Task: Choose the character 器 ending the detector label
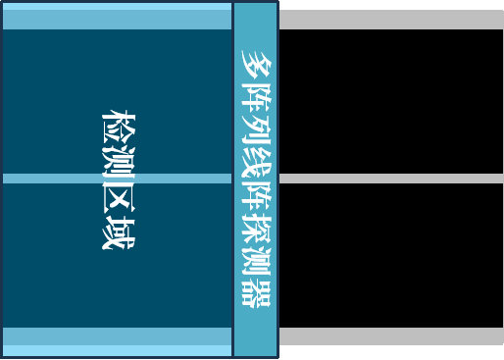[x=256, y=291]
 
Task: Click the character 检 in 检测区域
[x=118, y=127]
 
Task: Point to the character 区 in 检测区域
[x=118, y=197]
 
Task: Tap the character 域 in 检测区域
[x=118, y=232]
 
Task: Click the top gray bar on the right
[x=390, y=20]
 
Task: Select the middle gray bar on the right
[x=390, y=179]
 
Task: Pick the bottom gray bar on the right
[x=390, y=336]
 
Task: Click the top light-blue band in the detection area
[x=117, y=20]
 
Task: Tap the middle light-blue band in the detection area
[x=117, y=179]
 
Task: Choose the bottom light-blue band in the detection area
[x=117, y=335]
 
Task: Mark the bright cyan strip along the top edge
[x=117, y=6]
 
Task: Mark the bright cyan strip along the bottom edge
[x=117, y=350]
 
